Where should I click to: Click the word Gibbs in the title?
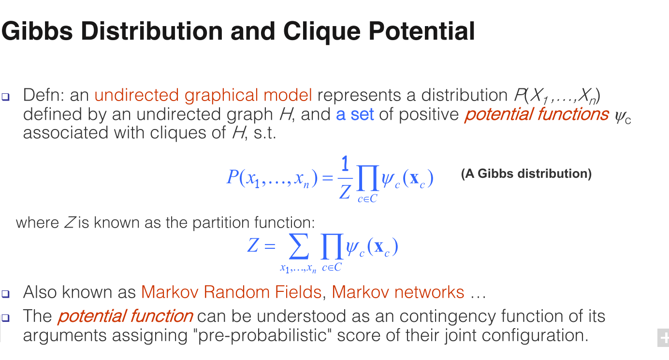click(x=37, y=31)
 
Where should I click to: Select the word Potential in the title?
click(x=422, y=31)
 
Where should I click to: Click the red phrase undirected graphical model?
click(x=203, y=96)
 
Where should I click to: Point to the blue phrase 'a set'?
click(x=355, y=115)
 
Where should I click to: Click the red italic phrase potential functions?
click(x=537, y=115)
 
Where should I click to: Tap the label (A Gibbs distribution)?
click(x=526, y=174)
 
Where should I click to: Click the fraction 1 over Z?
click(x=345, y=178)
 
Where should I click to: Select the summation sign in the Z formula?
click(x=299, y=246)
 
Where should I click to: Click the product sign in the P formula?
click(x=368, y=178)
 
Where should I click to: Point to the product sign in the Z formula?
click(x=332, y=246)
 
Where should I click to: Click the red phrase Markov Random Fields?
click(x=231, y=292)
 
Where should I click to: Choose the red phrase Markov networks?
click(x=398, y=292)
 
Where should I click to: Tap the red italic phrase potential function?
click(x=126, y=316)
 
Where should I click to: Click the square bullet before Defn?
click(x=6, y=97)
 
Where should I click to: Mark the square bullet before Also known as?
click(x=6, y=294)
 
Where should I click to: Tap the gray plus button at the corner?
click(x=663, y=338)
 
